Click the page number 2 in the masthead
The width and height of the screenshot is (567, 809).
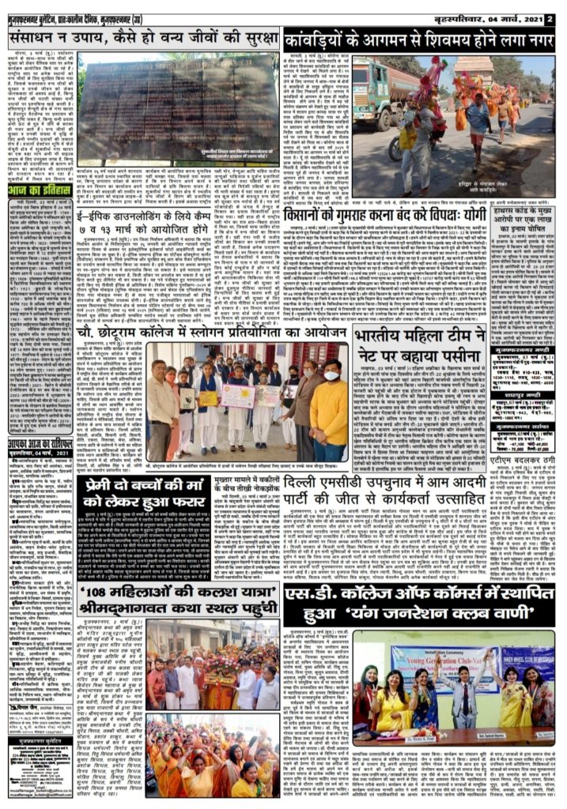[550, 15]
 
